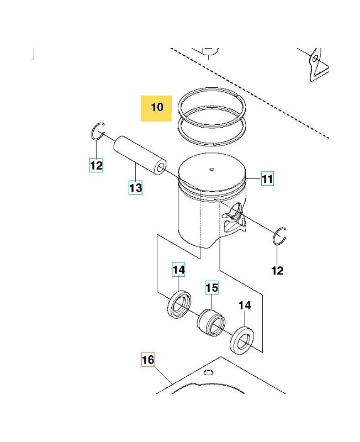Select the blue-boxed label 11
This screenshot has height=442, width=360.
(x=267, y=180)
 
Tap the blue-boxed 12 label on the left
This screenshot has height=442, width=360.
(x=96, y=165)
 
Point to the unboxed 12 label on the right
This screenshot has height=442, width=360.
(x=277, y=270)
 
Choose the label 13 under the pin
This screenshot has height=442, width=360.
(x=136, y=188)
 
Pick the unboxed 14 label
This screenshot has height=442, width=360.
(x=245, y=306)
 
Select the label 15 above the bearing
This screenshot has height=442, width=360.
(x=212, y=288)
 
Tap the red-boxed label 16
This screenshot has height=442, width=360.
(x=148, y=360)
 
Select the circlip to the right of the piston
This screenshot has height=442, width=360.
(x=280, y=236)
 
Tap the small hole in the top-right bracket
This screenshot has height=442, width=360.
(x=315, y=58)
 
